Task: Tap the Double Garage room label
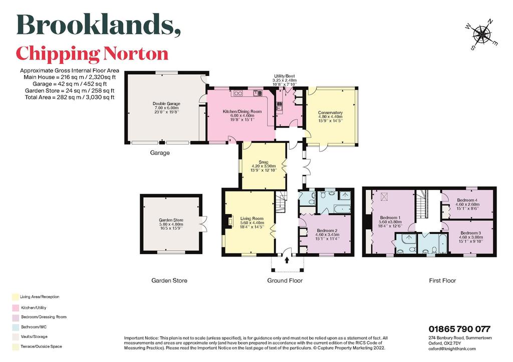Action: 166,107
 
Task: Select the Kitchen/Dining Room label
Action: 242,115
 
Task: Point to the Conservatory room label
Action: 330,116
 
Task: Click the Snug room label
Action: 263,166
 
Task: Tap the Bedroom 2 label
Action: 326,234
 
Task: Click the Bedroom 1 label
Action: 390,221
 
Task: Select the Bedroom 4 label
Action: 467,204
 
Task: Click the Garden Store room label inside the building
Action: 171,224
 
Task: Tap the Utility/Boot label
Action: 285,80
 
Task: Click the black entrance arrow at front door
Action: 287,260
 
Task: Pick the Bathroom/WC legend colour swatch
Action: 16,327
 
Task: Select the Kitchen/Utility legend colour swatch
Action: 16,308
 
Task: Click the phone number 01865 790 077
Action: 459,329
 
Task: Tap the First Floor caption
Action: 442,280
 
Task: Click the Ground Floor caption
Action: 285,280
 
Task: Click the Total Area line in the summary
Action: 70,97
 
